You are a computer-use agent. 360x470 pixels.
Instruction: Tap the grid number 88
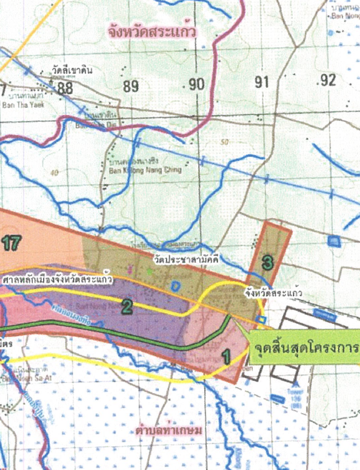pos(65,88)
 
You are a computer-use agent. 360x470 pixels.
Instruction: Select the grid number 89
pos(131,87)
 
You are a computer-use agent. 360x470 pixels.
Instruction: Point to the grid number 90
pos(196,85)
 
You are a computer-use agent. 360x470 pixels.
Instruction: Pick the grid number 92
pos(328,80)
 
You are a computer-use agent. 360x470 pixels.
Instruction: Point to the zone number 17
pos(12,243)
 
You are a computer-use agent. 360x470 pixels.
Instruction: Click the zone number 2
pos(126,306)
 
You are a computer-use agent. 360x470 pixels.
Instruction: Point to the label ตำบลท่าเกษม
pos(164,430)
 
